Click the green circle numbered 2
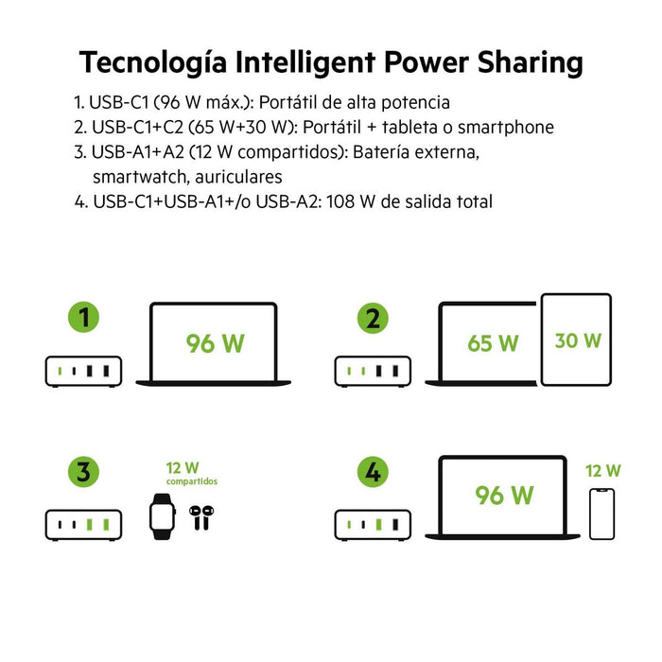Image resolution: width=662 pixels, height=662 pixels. click(373, 319)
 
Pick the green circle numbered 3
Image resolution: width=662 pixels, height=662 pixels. click(83, 472)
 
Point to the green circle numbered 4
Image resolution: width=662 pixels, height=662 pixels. click(373, 472)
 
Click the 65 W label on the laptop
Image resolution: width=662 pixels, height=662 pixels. click(493, 342)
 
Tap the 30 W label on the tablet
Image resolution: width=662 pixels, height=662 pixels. click(577, 340)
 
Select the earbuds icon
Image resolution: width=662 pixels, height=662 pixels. click(200, 516)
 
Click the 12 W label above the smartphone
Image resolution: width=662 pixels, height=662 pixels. click(602, 470)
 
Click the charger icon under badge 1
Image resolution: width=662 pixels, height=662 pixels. click(83, 371)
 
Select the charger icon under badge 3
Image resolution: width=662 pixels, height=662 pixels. click(83, 524)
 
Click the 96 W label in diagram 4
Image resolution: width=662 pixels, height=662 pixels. click(504, 495)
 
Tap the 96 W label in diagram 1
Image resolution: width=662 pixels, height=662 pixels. click(216, 342)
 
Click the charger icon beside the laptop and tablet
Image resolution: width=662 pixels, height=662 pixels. click(373, 371)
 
